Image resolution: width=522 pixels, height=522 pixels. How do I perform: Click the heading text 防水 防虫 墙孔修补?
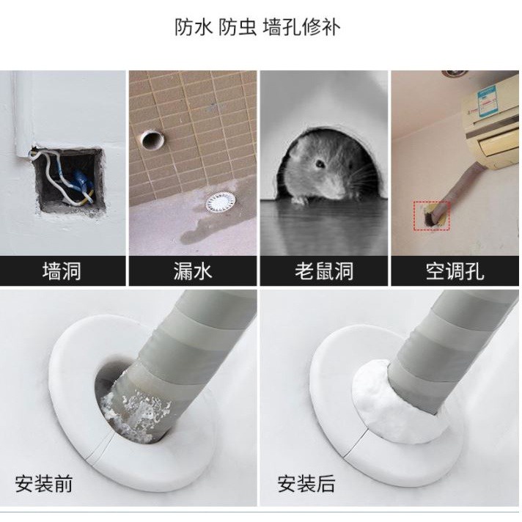[x=257, y=27]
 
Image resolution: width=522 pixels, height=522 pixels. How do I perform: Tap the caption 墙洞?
[x=62, y=271]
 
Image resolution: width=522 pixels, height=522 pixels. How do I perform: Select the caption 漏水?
[x=193, y=271]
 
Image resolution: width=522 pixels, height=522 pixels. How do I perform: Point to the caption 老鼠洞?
[x=324, y=271]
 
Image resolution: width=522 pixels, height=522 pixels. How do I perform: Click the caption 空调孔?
[x=455, y=271]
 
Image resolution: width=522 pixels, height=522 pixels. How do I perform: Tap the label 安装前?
[x=43, y=484]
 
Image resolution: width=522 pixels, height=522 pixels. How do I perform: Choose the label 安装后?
[x=306, y=484]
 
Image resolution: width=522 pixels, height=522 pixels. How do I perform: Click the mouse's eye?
[x=320, y=163]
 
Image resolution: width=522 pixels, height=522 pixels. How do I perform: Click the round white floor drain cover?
[x=221, y=202]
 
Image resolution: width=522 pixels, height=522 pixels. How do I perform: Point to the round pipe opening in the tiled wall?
[x=152, y=140]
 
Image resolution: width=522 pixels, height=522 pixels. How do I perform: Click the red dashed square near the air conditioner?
[x=432, y=216]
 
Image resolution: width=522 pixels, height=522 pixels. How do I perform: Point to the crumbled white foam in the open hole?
[x=136, y=412]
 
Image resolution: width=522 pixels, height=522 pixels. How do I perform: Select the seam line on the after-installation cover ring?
[x=357, y=442]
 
